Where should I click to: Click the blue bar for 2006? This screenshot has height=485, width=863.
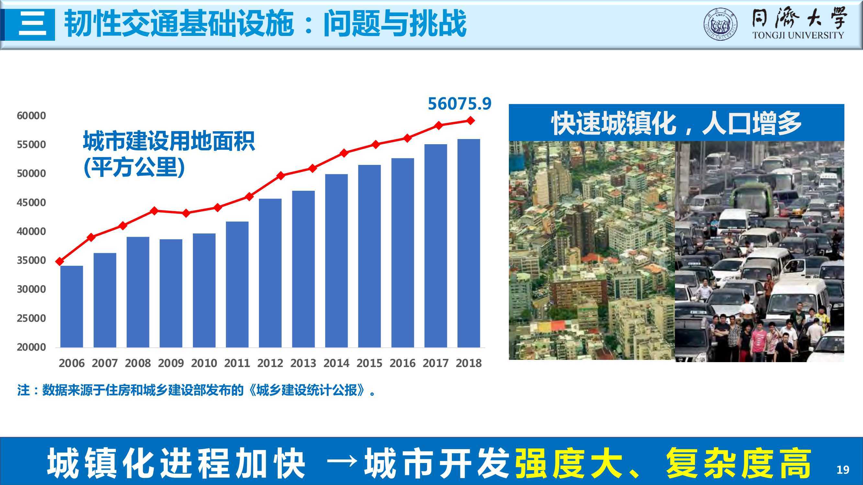71,306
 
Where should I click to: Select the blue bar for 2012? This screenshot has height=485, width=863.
270,273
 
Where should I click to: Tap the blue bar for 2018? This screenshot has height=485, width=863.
468,243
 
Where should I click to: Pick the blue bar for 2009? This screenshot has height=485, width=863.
171,293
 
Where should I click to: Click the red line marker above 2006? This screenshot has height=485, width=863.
60,261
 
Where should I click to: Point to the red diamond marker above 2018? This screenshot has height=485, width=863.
471,121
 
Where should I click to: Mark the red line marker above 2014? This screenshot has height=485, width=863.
344,153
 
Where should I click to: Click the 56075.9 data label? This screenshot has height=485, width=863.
459,104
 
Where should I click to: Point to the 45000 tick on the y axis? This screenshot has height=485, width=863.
31,202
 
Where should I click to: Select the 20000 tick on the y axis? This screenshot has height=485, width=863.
31,347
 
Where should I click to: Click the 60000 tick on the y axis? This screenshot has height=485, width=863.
31,116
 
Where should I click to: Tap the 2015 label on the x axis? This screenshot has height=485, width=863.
369,363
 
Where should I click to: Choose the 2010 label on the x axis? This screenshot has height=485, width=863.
204,363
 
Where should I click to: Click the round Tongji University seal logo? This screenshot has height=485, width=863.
720,25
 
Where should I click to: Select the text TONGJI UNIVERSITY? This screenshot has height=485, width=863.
798,35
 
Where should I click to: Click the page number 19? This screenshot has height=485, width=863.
843,470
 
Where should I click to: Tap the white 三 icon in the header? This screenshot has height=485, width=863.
32,25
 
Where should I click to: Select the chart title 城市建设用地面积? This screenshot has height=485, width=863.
169,141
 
